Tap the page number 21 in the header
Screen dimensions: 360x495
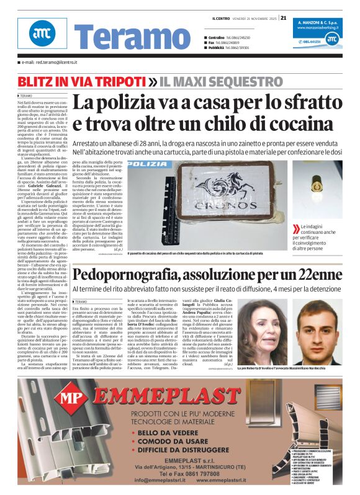point(283,17)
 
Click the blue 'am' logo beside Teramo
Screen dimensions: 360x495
point(42,33)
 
